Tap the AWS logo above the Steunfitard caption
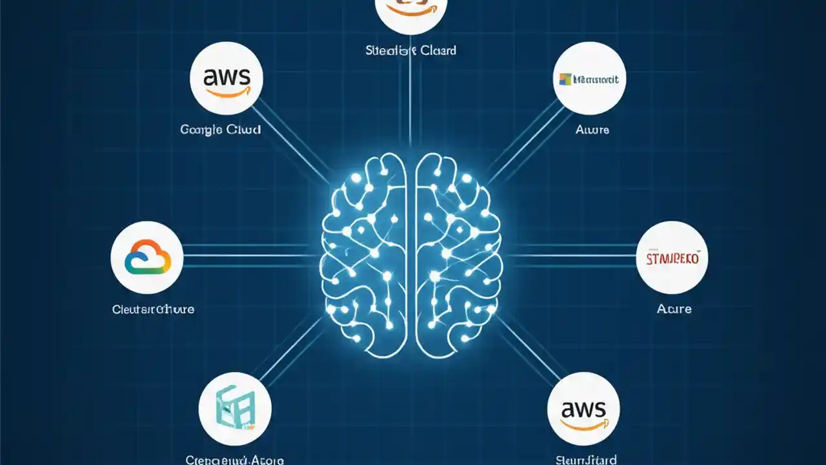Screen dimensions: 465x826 [x=583, y=409]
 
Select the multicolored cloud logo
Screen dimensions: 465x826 [x=148, y=258]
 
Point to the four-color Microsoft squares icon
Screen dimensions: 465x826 [x=565, y=79]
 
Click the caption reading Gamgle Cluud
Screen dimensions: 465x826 [x=221, y=129]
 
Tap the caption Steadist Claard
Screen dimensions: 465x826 [x=410, y=50]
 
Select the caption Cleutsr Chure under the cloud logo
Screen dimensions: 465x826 [x=153, y=309]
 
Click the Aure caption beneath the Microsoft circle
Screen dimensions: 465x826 [x=592, y=129]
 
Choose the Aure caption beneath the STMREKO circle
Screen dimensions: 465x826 [x=674, y=309]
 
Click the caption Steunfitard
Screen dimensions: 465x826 [x=585, y=460]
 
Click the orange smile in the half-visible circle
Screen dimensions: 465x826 [x=410, y=10]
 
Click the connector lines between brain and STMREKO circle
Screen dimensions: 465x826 [x=568, y=256]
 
